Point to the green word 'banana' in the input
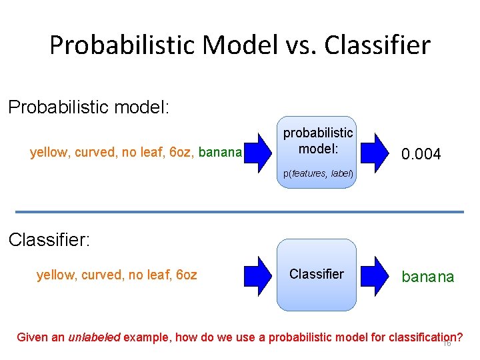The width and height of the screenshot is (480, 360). [x=219, y=153]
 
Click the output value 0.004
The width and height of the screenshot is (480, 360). [x=421, y=154]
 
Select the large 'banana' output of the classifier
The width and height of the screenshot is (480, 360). [x=427, y=277]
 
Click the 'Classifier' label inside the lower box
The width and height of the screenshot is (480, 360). [x=316, y=274]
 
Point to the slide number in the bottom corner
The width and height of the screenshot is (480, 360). [x=447, y=343]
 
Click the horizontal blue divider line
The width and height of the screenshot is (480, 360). [x=239, y=212]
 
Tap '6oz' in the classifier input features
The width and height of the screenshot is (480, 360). [x=184, y=275]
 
